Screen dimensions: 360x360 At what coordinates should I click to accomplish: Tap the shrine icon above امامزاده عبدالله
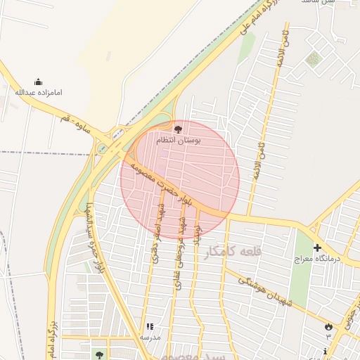click(38, 82)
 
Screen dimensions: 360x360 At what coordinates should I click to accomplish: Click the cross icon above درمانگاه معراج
click(317, 247)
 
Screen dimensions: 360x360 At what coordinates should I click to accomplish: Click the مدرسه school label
click(150, 337)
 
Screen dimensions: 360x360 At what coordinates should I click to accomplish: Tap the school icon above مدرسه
click(149, 327)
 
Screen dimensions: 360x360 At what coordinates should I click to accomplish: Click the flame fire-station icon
click(328, 326)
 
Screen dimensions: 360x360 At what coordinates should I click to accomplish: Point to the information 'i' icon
click(324, 350)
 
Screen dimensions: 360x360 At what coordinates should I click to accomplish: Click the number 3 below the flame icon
click(328, 336)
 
